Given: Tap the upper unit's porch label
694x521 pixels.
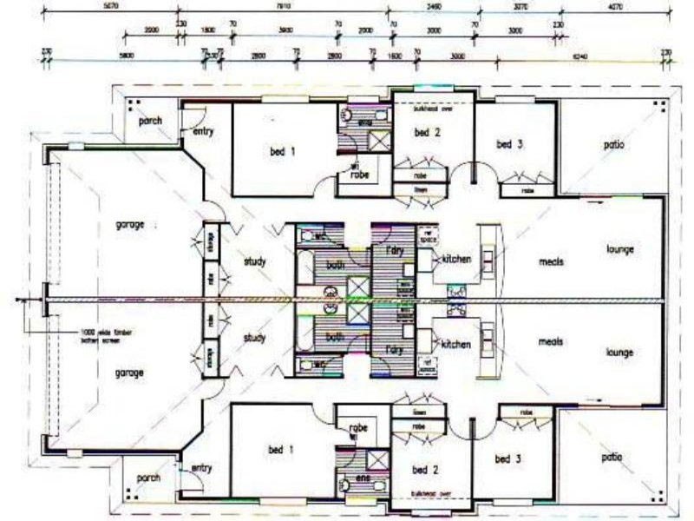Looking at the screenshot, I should pos(149,120).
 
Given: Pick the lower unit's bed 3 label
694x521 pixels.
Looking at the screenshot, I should pos(508,458).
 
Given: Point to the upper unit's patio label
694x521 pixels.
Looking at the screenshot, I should pos(613,145).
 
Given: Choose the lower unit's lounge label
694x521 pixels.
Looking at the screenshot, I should pos(620,353).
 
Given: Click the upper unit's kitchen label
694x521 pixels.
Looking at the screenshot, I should pos(455,260).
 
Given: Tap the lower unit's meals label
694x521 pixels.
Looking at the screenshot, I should pos(551,342).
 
